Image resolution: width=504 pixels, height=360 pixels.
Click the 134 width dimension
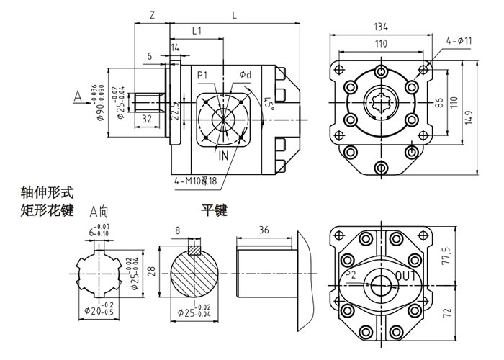381,27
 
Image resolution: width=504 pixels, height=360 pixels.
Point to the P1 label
202,75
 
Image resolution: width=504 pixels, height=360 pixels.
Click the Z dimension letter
151,14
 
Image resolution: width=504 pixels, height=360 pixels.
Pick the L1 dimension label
197,30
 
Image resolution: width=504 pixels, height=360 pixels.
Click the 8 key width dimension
178,232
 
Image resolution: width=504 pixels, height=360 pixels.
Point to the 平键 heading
214,211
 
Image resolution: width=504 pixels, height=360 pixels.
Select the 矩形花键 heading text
48,211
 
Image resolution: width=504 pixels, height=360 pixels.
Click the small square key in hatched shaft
194,251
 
